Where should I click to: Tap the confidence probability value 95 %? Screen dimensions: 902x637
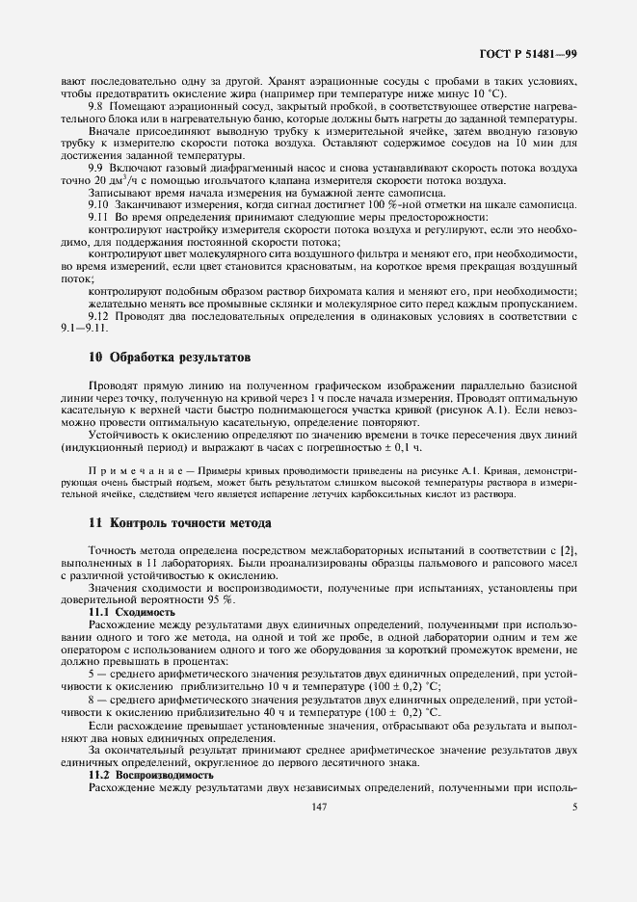[x=222, y=599]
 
